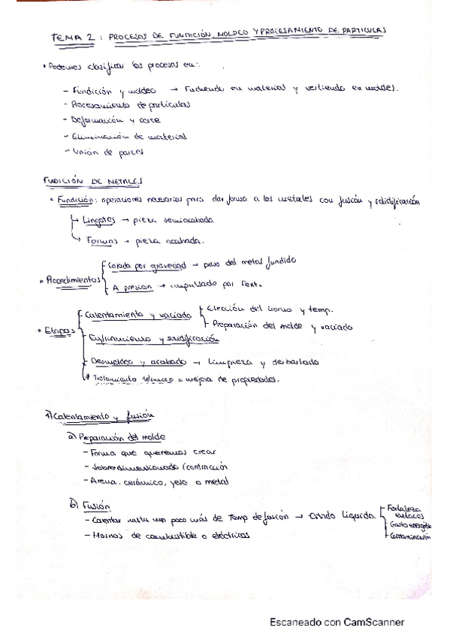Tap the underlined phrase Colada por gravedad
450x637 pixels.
[147, 264]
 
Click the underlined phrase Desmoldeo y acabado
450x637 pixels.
[127, 361]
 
